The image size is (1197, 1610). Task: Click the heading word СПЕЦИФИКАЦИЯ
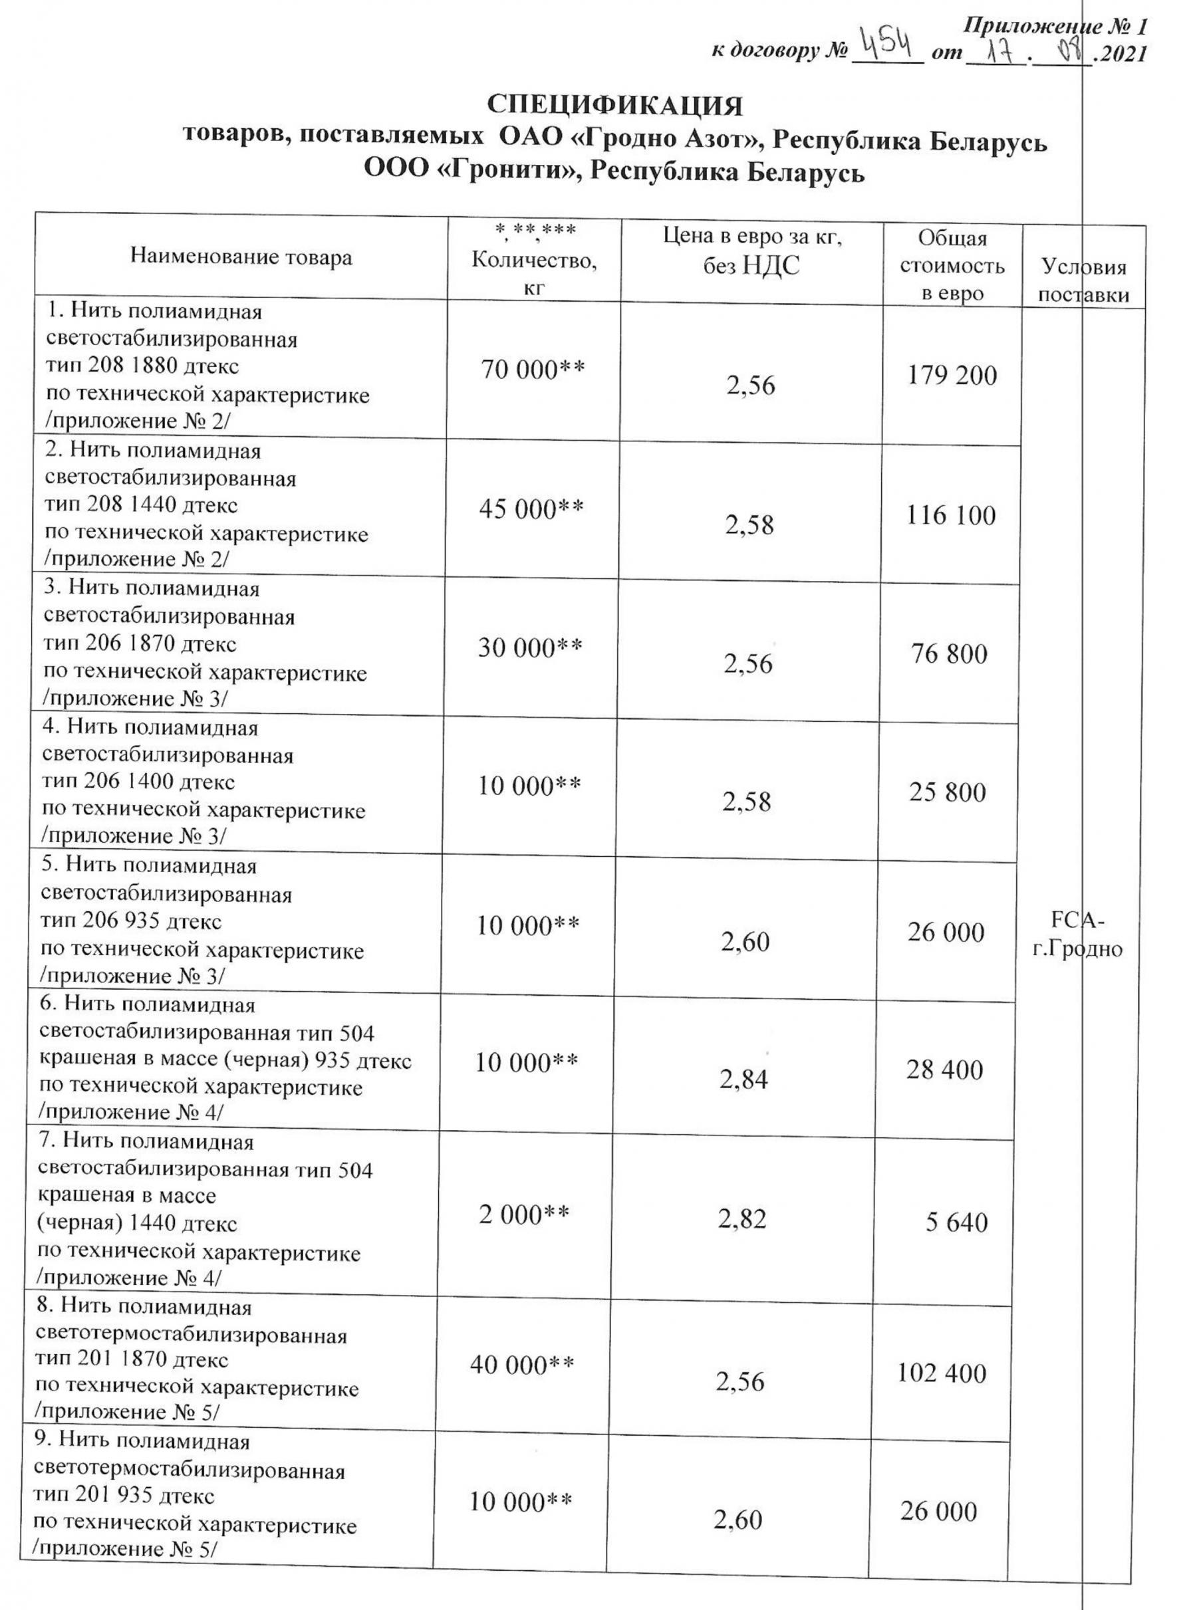pyautogui.click(x=614, y=106)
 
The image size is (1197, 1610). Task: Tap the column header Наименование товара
pyautogui.click(x=241, y=257)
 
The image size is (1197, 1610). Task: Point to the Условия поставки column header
pyautogui.click(x=1084, y=281)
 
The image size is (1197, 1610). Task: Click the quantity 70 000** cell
pyautogui.click(x=533, y=370)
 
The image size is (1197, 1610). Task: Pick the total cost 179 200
pyautogui.click(x=952, y=375)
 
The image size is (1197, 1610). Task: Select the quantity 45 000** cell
pyautogui.click(x=531, y=509)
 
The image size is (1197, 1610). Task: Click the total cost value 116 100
pyautogui.click(x=951, y=516)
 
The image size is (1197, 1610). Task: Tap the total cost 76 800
pyautogui.click(x=949, y=654)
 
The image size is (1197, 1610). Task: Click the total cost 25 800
pyautogui.click(x=948, y=792)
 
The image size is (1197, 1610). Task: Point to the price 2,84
pyautogui.click(x=744, y=1079)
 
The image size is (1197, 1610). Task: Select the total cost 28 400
pyautogui.click(x=944, y=1070)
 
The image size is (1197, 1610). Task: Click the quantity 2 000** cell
pyautogui.click(x=524, y=1214)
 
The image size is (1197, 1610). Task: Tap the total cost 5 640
pyautogui.click(x=956, y=1222)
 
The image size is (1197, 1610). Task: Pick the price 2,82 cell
pyautogui.click(x=742, y=1220)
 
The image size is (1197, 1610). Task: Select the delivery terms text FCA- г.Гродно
pyautogui.click(x=1077, y=934)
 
